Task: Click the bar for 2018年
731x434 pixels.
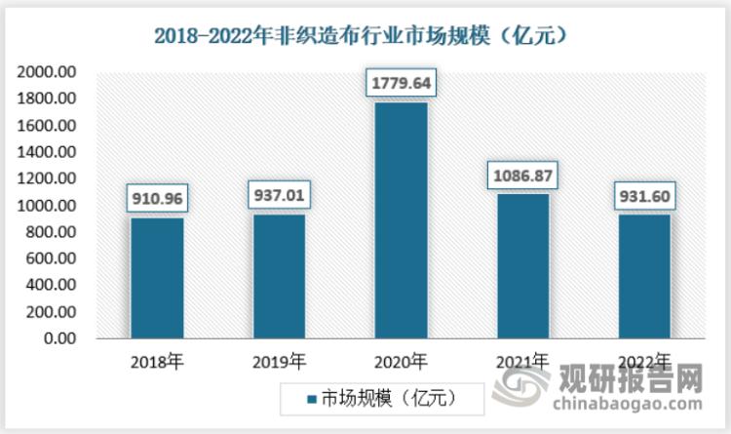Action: (x=156, y=278)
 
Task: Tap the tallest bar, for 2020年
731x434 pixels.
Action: (x=400, y=220)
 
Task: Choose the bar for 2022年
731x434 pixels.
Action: (x=643, y=277)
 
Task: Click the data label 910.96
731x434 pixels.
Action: (x=156, y=199)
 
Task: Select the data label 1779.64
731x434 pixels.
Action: (x=400, y=83)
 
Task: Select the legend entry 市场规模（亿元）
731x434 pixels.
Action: (x=380, y=398)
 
